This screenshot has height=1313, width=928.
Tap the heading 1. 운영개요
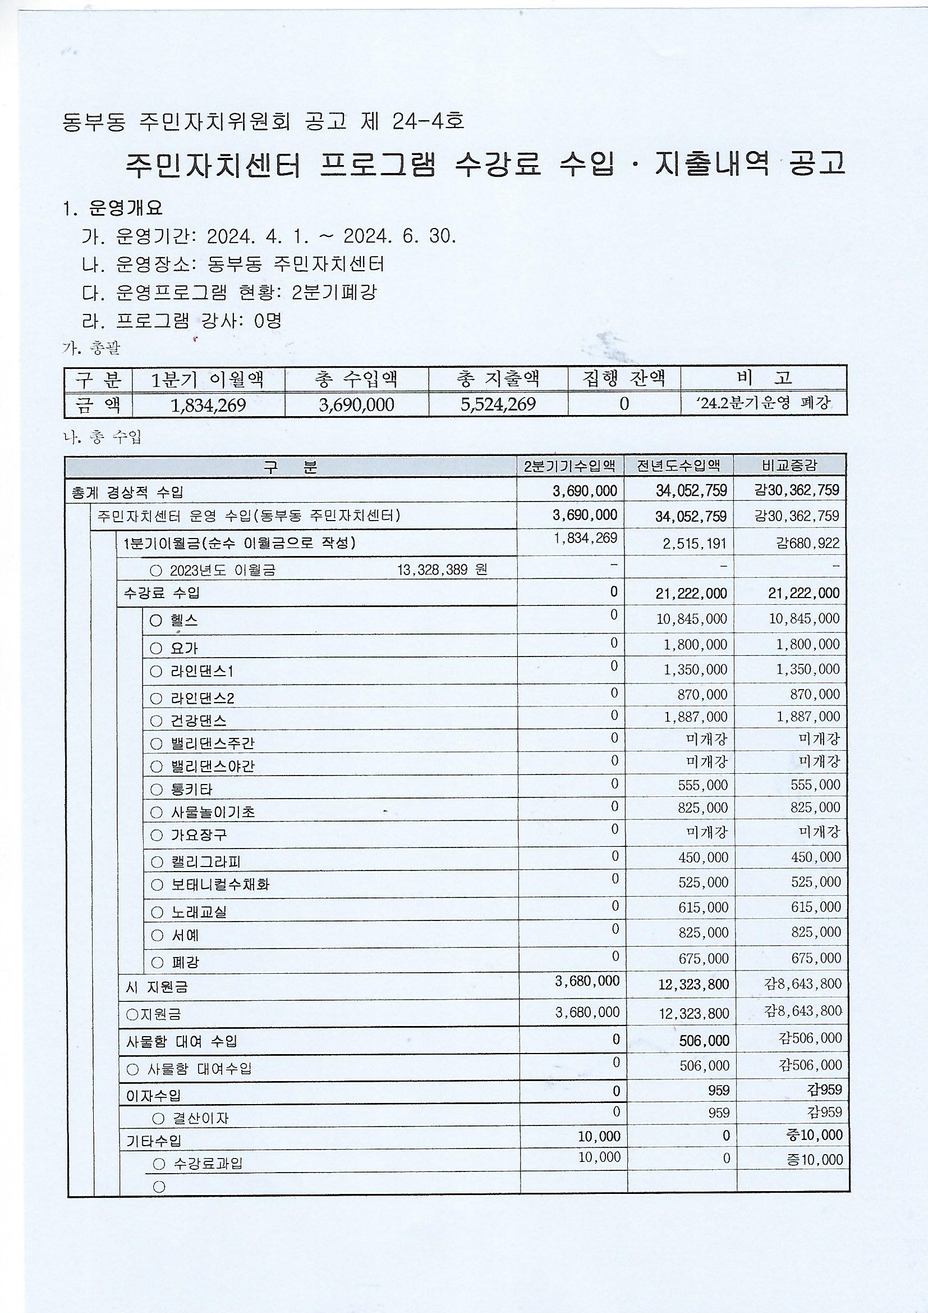(x=114, y=208)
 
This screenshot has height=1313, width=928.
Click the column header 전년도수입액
(x=679, y=466)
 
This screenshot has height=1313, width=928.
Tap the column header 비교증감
(x=790, y=466)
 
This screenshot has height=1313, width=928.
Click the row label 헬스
(x=184, y=621)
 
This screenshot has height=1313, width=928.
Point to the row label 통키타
(x=191, y=790)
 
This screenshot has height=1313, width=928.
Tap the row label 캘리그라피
(x=202, y=862)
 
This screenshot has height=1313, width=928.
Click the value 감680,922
(x=807, y=542)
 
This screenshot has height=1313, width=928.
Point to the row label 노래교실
(x=199, y=912)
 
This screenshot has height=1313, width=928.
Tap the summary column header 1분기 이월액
(x=208, y=379)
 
